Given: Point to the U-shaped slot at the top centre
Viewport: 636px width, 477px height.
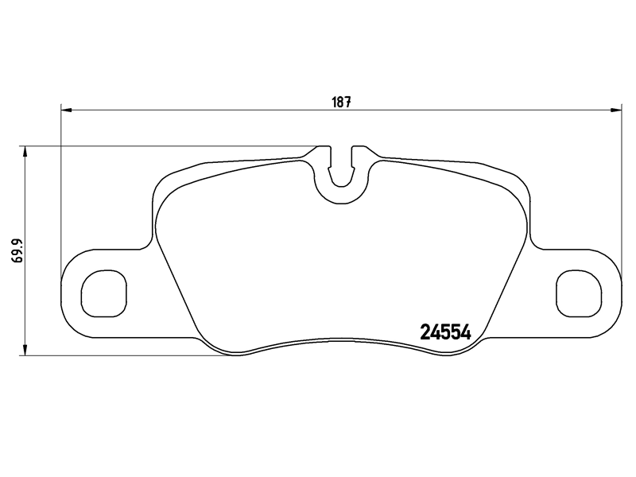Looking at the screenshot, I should (x=342, y=171).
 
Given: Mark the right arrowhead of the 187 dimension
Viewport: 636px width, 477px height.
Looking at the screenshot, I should (x=616, y=110).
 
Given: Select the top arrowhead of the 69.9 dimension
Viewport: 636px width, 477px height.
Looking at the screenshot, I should (x=26, y=152).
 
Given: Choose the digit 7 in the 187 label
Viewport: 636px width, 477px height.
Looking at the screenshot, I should (x=348, y=102).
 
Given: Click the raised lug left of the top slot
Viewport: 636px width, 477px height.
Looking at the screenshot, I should (x=324, y=150).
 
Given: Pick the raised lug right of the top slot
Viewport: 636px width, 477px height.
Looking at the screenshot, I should (x=360, y=150).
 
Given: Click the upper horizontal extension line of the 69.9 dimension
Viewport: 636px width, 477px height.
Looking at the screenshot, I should (x=159, y=146).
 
